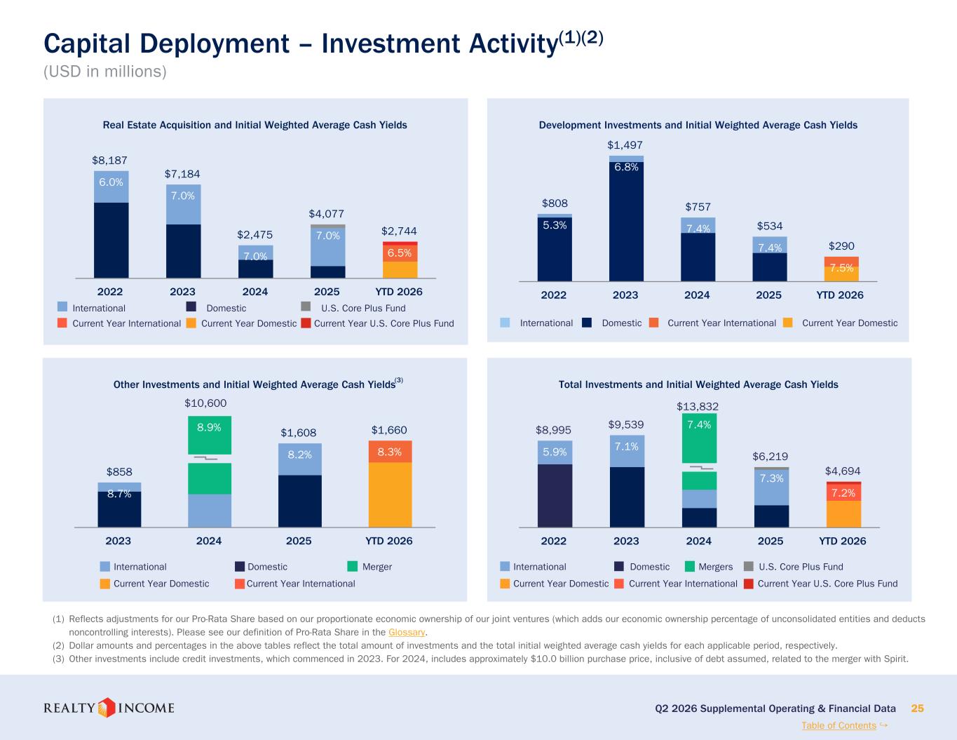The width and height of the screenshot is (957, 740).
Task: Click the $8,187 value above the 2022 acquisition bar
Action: point(109,161)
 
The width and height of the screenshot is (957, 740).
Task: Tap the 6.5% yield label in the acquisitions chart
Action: point(400,253)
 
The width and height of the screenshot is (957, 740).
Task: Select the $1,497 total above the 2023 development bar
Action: point(625,145)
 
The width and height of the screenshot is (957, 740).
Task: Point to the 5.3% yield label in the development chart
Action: point(555,225)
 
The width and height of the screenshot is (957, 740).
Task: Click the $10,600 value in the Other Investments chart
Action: point(205,403)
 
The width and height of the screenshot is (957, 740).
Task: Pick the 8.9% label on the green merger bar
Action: point(209,427)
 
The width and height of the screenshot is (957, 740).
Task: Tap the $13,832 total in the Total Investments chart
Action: point(698,406)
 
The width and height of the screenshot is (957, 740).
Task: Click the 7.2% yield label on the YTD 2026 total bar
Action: point(843,492)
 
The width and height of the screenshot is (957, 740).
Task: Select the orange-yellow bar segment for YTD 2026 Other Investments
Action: point(391,495)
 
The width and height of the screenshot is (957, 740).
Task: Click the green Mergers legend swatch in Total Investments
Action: point(690,567)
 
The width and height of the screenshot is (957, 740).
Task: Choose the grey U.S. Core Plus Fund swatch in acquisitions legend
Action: point(306,307)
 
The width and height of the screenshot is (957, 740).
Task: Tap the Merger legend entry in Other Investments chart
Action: point(377,567)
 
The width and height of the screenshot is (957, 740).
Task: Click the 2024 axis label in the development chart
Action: point(697,295)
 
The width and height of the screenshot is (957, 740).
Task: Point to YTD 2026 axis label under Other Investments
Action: point(389,541)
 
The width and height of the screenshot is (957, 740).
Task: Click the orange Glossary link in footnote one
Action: point(407,632)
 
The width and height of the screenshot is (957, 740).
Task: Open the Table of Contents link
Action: point(839,725)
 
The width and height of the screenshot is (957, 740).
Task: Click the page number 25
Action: point(917,708)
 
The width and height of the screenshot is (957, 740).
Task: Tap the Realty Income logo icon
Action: point(106,708)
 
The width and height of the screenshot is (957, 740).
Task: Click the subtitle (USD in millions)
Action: point(105,72)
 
